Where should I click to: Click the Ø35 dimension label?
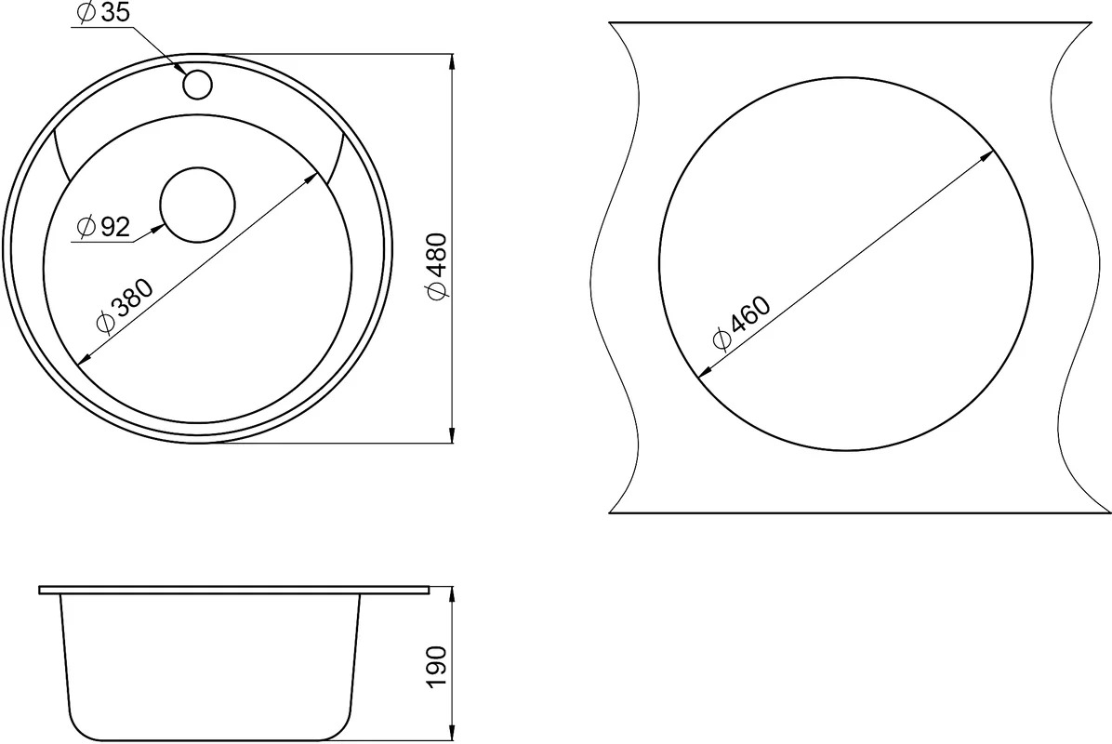tap(103, 14)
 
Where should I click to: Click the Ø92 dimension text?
tap(103, 227)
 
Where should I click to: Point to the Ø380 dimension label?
tap(125, 306)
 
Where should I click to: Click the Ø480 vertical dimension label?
tap(437, 266)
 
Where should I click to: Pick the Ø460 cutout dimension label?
tap(742, 324)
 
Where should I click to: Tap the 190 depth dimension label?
tap(437, 666)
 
